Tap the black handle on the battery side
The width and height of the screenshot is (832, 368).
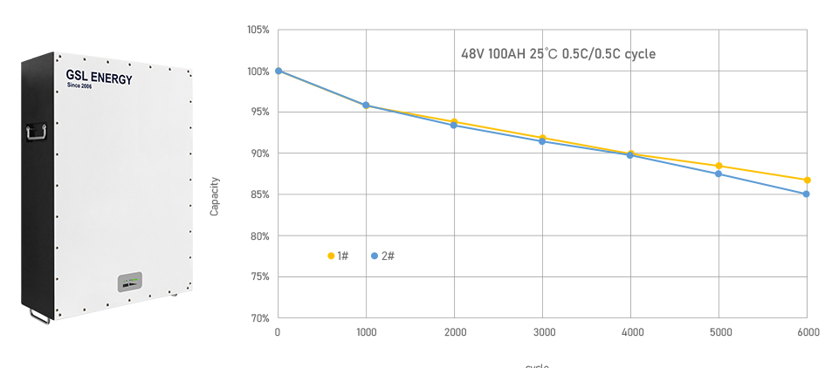click(37, 133)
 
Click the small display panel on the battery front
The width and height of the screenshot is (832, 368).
click(130, 283)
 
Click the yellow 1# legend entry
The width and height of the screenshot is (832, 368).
click(338, 256)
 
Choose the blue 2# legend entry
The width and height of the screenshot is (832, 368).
click(382, 256)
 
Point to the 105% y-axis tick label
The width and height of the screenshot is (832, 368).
click(258, 30)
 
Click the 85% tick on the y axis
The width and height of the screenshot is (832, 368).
click(260, 194)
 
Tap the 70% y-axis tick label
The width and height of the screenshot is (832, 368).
click(260, 318)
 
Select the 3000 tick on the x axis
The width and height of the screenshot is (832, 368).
click(543, 332)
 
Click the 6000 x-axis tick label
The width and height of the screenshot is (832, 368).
click(808, 332)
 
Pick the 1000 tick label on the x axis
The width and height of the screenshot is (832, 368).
click(367, 332)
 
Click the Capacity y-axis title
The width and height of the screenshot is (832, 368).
click(215, 197)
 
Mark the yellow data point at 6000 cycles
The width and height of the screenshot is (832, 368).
click(808, 181)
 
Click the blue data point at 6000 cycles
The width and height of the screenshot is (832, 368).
click(807, 194)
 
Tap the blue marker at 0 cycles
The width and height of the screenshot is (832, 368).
click(278, 71)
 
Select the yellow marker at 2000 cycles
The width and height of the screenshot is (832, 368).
click(454, 121)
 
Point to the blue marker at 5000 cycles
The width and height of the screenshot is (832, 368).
click(719, 174)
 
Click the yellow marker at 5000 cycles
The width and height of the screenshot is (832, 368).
click(719, 166)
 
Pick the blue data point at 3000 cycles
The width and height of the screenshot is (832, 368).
click(542, 140)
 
